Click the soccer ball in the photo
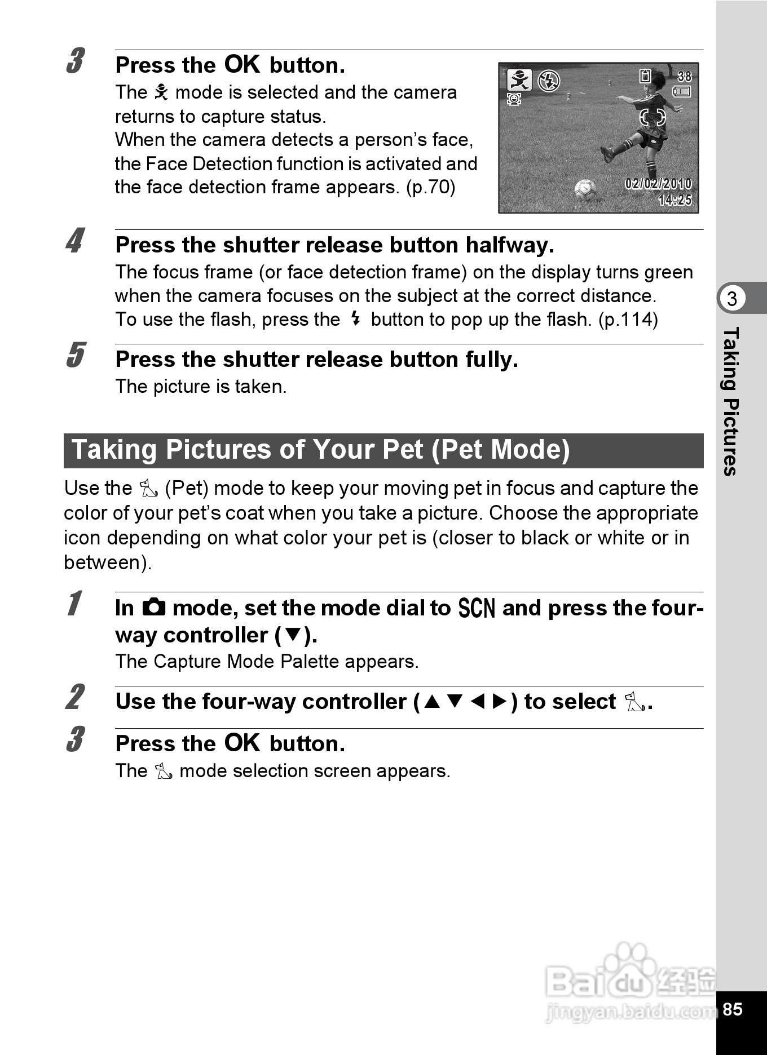tap(585, 189)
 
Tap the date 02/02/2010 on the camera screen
tap(658, 184)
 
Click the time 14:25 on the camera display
tap(675, 200)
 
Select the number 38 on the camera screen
tap(684, 76)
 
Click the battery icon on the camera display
tap(682, 91)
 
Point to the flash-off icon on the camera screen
tap(548, 81)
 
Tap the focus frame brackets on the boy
tap(652, 118)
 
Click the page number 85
tap(732, 1009)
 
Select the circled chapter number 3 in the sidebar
tap(732, 298)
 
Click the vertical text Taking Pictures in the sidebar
tap(731, 401)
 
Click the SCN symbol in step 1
tap(477, 609)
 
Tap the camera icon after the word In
tap(153, 608)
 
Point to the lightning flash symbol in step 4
tap(355, 319)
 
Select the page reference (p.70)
tap(430, 187)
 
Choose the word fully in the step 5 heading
tap(491, 360)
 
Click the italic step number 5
tap(75, 355)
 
